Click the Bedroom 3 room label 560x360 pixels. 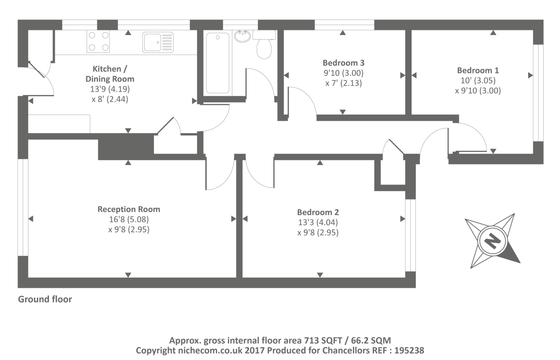[x=343, y=63]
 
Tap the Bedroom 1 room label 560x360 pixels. [x=478, y=70]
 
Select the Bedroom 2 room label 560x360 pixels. [x=318, y=212]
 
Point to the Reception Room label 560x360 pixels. [x=129, y=209]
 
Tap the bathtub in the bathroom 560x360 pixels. [x=218, y=63]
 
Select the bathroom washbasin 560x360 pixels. [x=242, y=36]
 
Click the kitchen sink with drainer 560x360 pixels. [x=158, y=42]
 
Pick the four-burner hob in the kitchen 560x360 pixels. [x=98, y=41]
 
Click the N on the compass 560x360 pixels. [x=492, y=241]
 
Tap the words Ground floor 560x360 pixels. [x=45, y=299]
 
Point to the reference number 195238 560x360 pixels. [x=409, y=351]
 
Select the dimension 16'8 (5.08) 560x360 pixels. [x=129, y=219]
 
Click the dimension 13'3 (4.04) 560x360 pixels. [x=318, y=223]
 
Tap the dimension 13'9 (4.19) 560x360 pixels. [x=110, y=89]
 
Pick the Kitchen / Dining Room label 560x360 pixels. [x=110, y=74]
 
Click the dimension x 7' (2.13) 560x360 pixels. [x=343, y=83]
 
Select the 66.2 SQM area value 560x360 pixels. [x=371, y=340]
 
